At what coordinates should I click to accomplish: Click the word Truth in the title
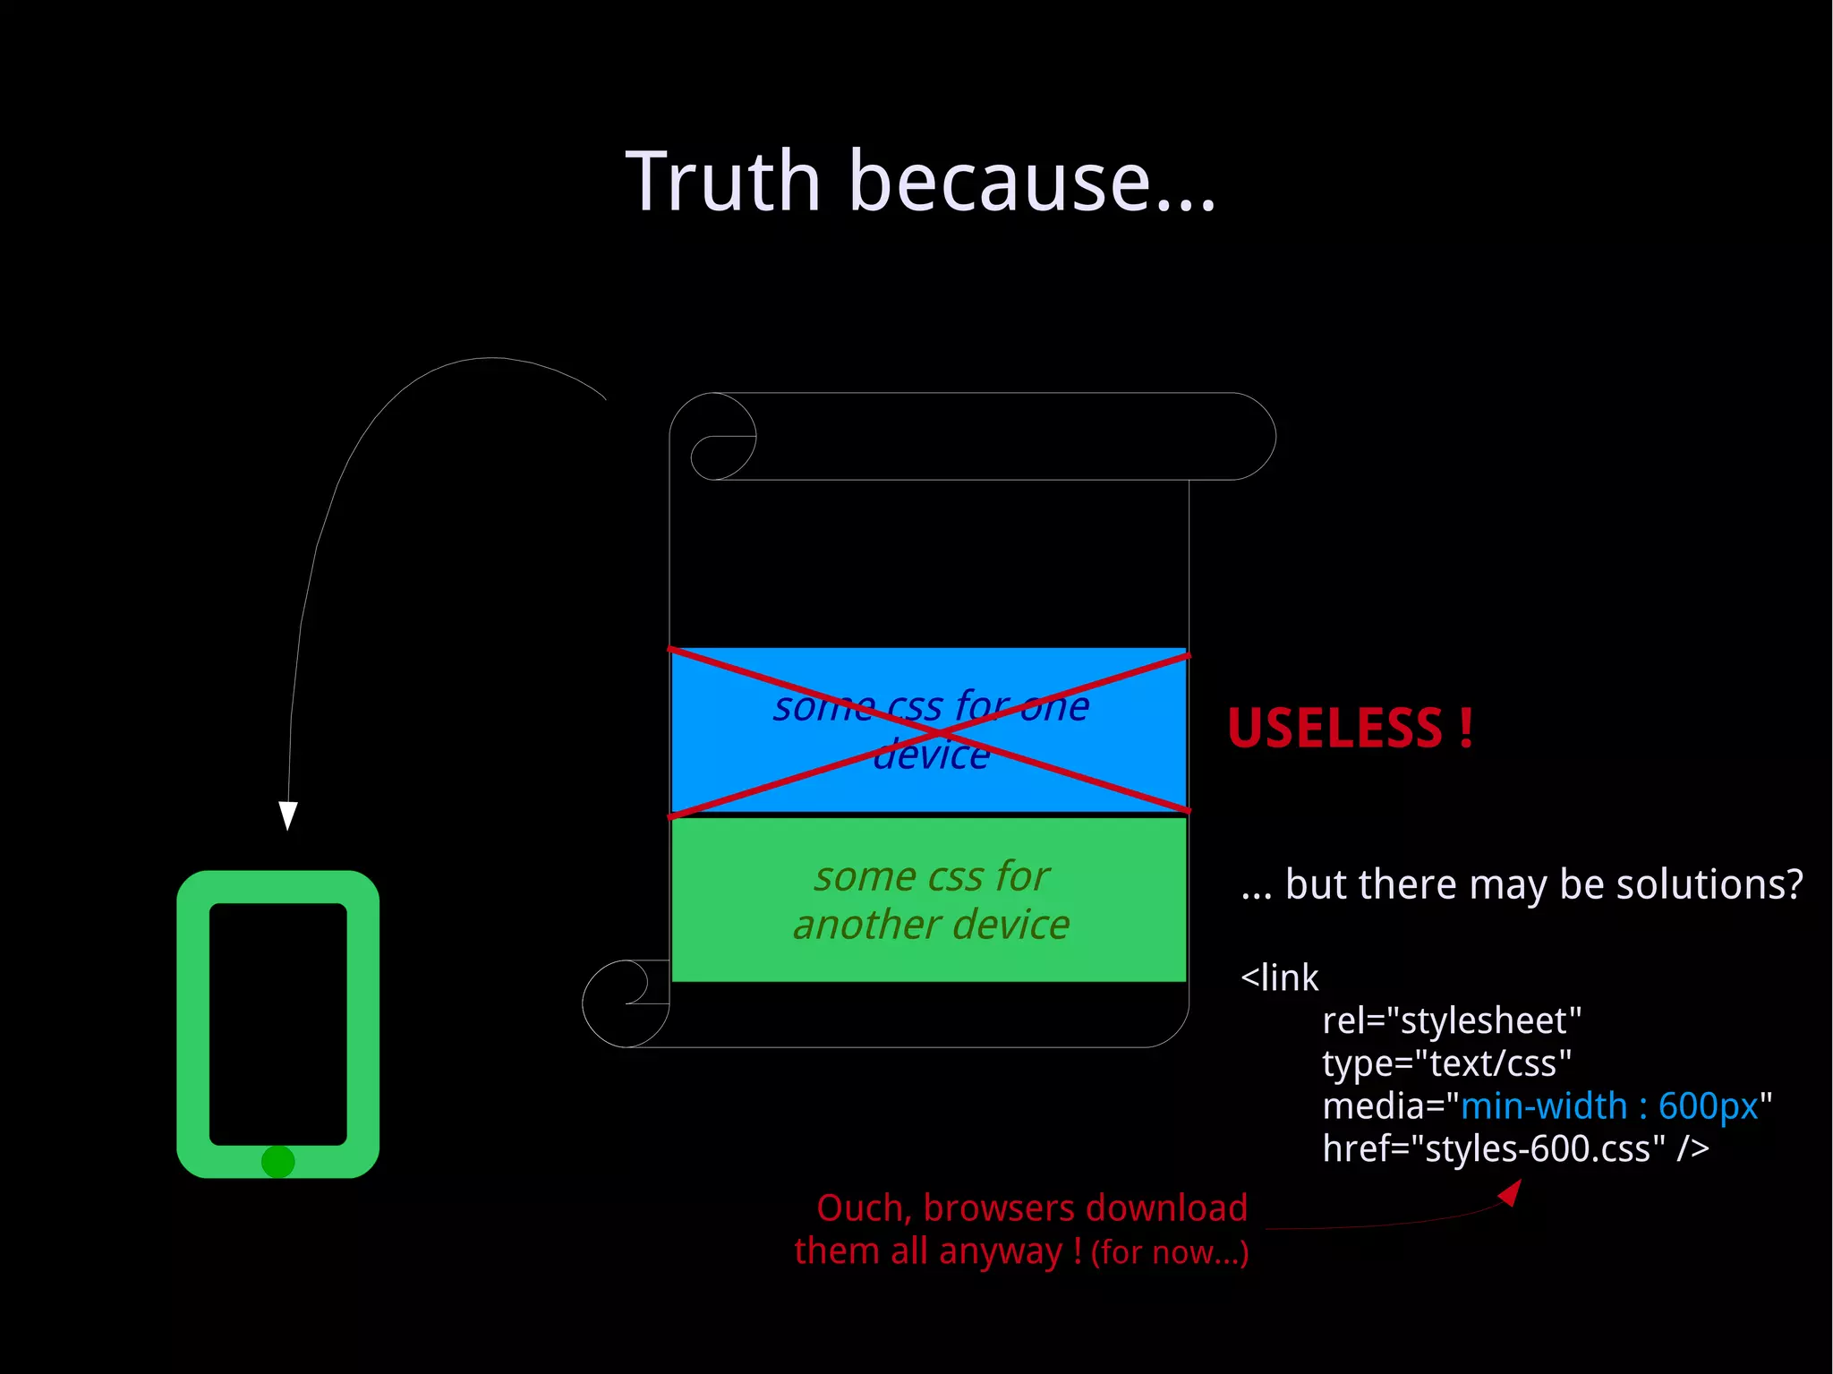pyautogui.click(x=722, y=182)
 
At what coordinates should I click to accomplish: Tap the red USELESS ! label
pyautogui.click(x=1350, y=728)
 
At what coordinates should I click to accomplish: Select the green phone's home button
pyautogui.click(x=277, y=1162)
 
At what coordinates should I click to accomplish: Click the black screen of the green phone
pyautogui.click(x=277, y=1023)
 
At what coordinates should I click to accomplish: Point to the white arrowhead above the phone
pyautogui.click(x=287, y=815)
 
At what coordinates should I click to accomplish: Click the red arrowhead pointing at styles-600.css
pyautogui.click(x=1511, y=1193)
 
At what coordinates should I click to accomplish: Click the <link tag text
pyautogui.click(x=1279, y=977)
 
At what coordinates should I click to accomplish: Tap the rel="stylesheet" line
pyautogui.click(x=1451, y=1020)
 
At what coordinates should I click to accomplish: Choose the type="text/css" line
pyautogui.click(x=1446, y=1063)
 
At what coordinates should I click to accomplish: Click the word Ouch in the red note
pyautogui.click(x=863, y=1208)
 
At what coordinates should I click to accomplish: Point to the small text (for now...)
pyautogui.click(x=1169, y=1252)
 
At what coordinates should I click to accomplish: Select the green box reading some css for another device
pyautogui.click(x=929, y=900)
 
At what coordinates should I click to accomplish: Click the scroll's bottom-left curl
pyautogui.click(x=625, y=1003)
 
